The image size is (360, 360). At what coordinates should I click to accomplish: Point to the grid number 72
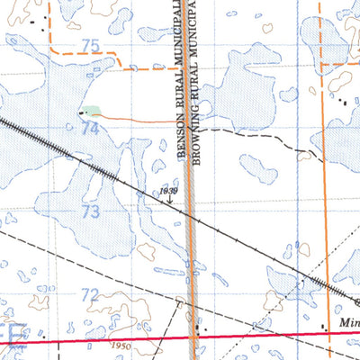[x=88, y=294]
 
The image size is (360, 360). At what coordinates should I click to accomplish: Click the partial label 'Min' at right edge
[x=350, y=319]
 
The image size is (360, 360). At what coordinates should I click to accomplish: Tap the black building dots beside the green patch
[x=81, y=113]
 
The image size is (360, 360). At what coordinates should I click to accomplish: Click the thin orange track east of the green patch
[x=135, y=119]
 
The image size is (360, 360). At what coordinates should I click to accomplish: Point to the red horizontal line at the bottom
[x=270, y=335]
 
